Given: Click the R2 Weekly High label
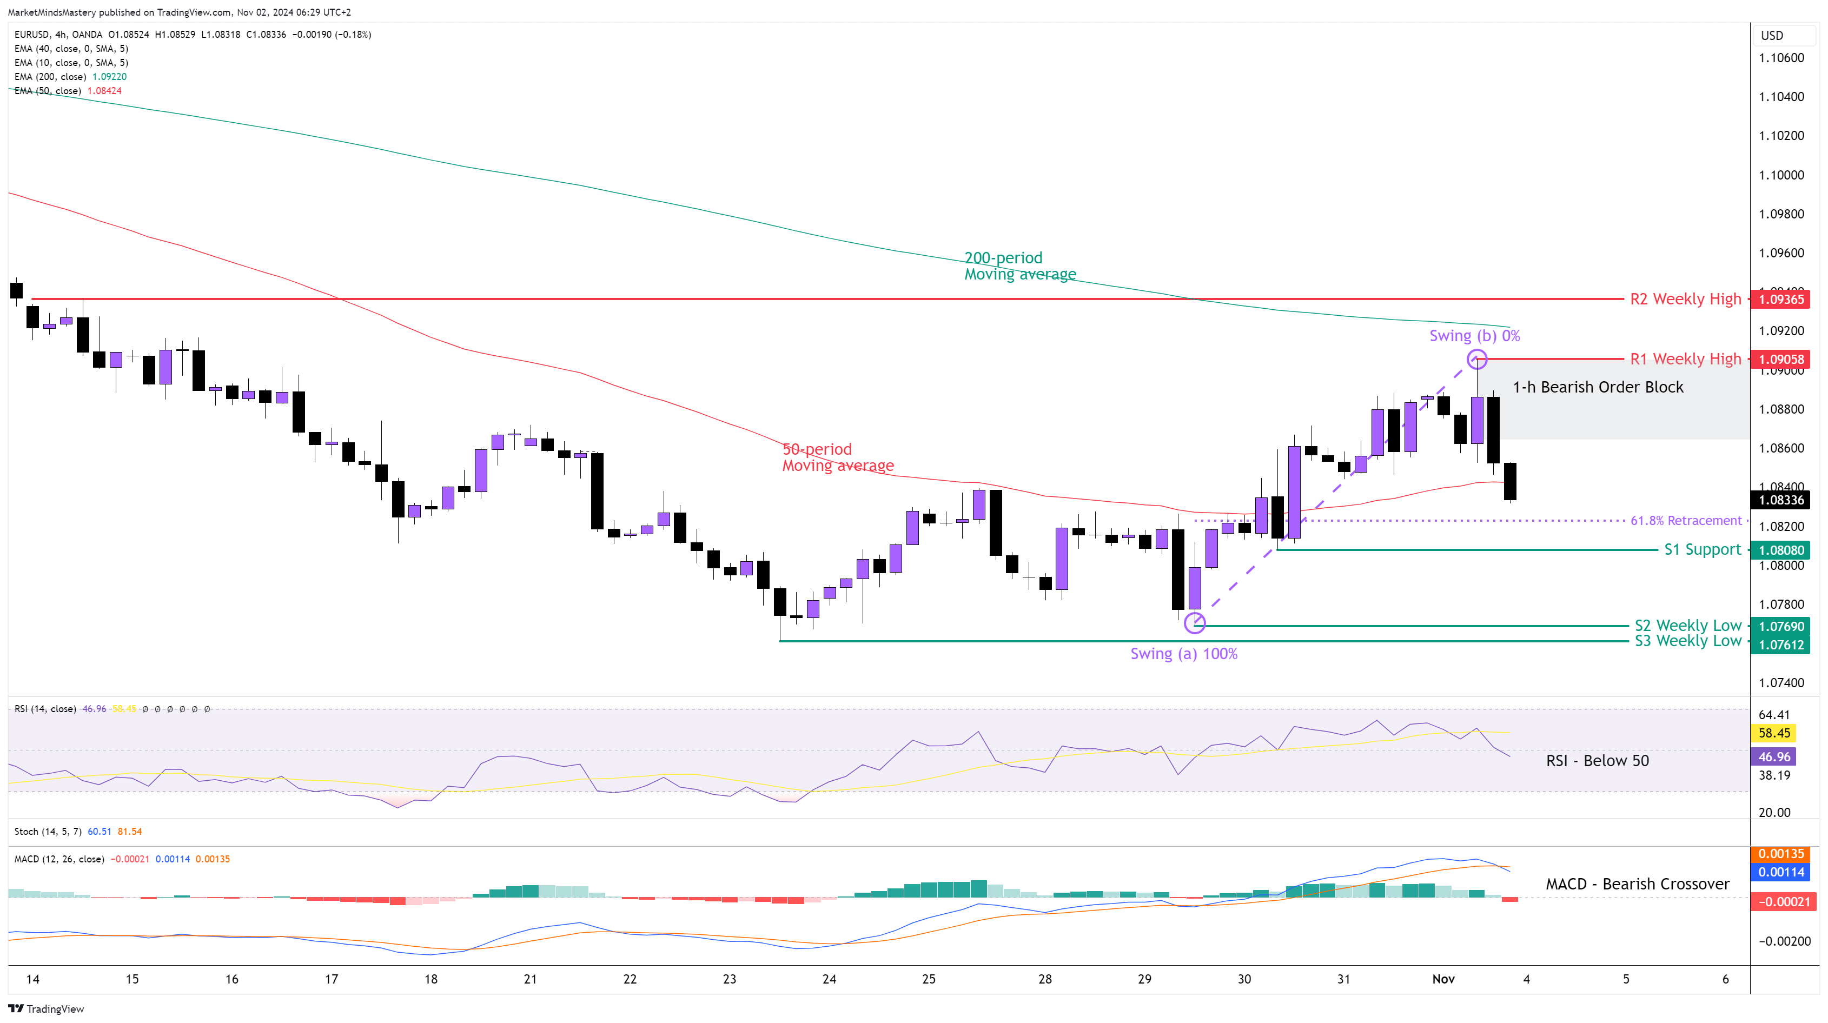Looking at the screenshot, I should click(x=1685, y=300).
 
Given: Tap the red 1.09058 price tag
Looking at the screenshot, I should click(x=1780, y=360).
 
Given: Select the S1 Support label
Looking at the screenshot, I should click(x=1703, y=550).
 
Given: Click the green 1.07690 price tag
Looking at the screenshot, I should click(x=1780, y=627).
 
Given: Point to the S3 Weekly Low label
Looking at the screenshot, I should click(x=1687, y=641).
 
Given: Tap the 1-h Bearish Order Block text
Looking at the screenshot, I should click(x=1598, y=387).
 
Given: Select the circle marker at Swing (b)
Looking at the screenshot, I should click(x=1477, y=359).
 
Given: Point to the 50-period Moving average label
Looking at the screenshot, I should click(x=837, y=457).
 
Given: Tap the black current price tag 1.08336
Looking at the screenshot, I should click(x=1780, y=500).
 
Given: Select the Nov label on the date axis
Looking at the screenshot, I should click(x=1443, y=979).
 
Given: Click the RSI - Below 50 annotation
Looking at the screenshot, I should click(x=1598, y=761).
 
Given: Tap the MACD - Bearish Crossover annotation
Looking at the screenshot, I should click(x=1637, y=884).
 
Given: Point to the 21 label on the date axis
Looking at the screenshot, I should click(x=530, y=979).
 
